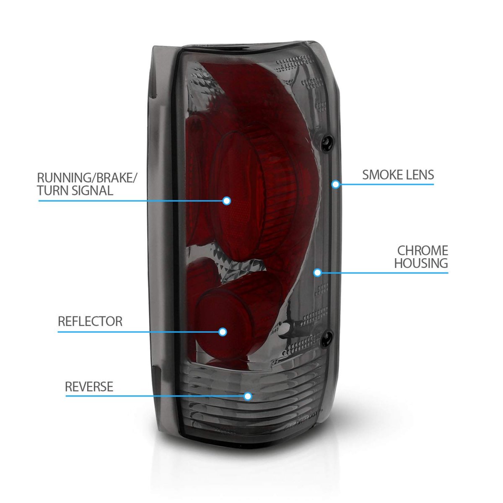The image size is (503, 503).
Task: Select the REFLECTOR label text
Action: point(90,322)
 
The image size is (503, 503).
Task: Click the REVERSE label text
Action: point(89,386)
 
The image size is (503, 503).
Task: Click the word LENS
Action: point(419,174)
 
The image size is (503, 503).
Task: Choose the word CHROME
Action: point(423,251)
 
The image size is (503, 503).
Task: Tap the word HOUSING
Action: point(421,264)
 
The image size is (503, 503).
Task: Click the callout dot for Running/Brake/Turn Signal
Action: point(227,201)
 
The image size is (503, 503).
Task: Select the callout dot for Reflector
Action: point(223,332)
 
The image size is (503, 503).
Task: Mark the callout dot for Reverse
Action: point(248,396)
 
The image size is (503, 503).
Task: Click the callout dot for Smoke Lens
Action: point(335,184)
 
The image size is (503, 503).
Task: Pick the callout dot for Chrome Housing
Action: point(317,273)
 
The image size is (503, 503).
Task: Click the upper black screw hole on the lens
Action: point(326,142)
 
